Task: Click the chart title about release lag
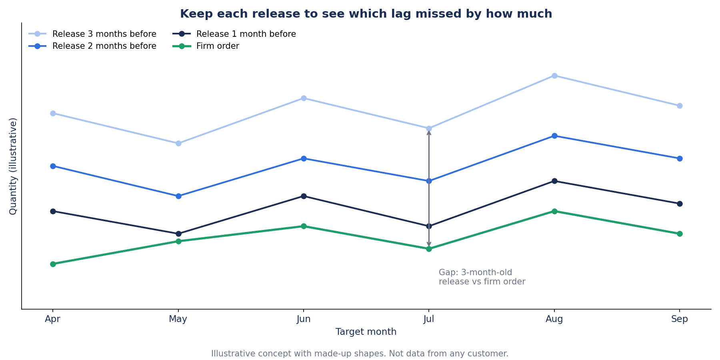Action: [x=366, y=14]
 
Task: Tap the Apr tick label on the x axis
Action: [x=53, y=319]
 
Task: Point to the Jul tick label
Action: [x=429, y=319]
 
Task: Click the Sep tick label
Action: [x=680, y=319]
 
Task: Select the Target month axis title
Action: [x=366, y=332]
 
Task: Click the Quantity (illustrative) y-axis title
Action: [x=13, y=166]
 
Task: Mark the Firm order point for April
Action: [x=53, y=264]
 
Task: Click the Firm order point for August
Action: [x=554, y=211]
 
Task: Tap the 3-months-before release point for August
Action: [x=554, y=76]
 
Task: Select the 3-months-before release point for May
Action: [x=178, y=143]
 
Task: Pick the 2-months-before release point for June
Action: [x=304, y=158]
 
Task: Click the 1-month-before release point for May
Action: [x=178, y=234]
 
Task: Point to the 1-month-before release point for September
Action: [x=680, y=204]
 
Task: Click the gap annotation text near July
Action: [x=482, y=277]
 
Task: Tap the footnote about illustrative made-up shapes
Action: [x=360, y=354]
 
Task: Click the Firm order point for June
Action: [x=304, y=226]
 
